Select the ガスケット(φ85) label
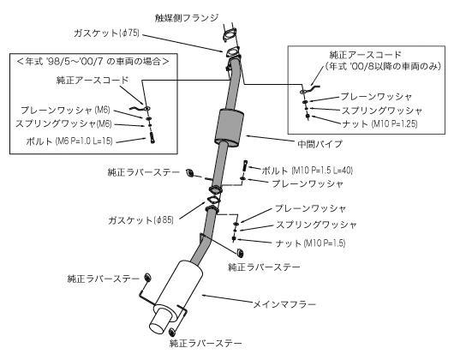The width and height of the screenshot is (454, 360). pyautogui.click(x=140, y=219)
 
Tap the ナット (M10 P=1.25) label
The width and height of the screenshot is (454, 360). pyautogui.click(x=373, y=125)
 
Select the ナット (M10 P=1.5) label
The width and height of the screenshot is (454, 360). pyautogui.click(x=314, y=244)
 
